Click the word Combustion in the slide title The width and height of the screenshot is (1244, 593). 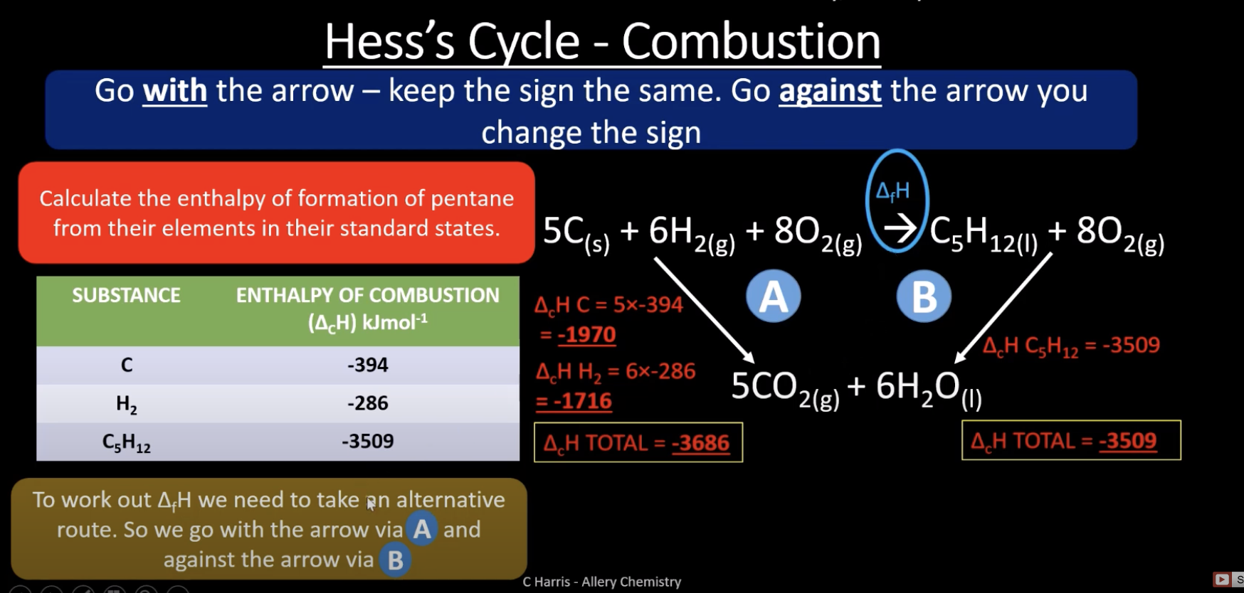coord(751,41)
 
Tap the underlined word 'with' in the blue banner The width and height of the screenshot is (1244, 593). coord(175,91)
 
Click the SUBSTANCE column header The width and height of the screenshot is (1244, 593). coord(126,295)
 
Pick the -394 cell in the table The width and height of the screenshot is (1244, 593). coord(367,365)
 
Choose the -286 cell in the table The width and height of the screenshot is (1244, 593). coord(367,403)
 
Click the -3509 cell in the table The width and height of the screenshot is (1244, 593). coord(367,442)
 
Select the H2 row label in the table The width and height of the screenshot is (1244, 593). coord(126,405)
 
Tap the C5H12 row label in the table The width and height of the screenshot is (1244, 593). coord(126,443)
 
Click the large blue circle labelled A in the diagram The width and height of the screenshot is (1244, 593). coord(774,296)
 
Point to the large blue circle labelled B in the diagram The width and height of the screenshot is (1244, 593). coord(924,296)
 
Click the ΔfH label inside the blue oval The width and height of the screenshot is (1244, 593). coord(892,191)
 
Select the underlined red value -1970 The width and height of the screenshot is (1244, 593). coord(586,335)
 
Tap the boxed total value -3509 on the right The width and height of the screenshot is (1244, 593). coord(1128,441)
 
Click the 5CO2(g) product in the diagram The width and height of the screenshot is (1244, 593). coord(785,388)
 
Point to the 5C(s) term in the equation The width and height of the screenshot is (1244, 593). coord(576,233)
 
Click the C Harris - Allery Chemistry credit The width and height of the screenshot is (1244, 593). coord(602,582)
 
